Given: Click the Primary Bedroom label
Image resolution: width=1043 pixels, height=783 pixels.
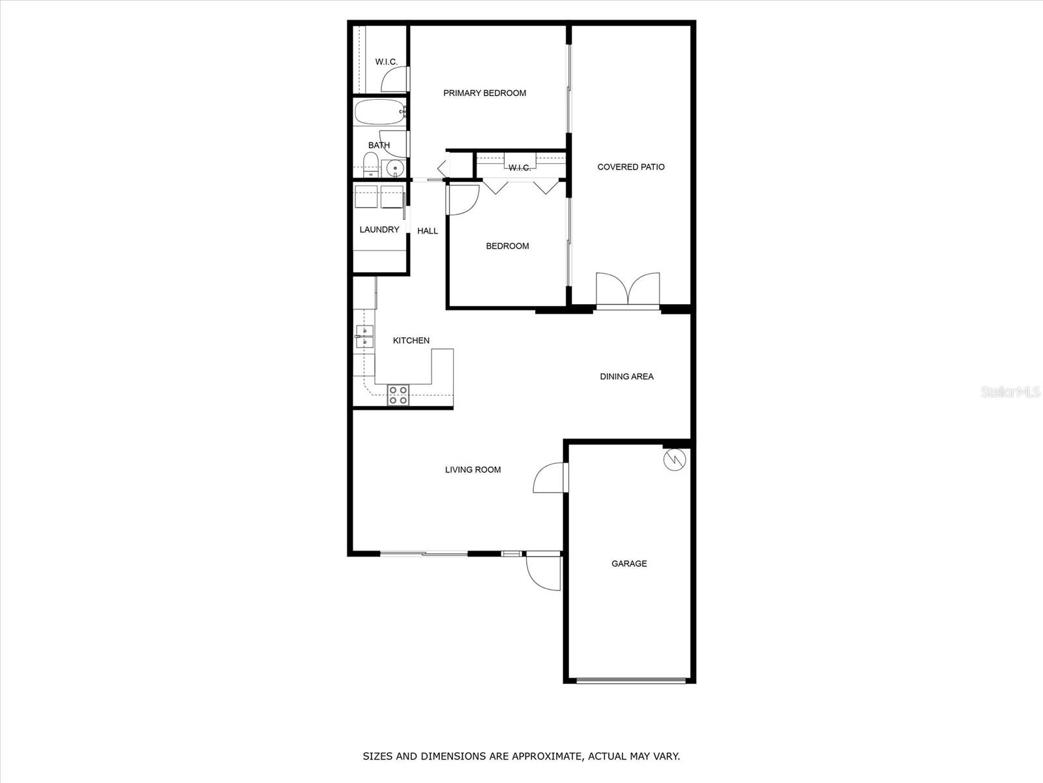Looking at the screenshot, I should click(x=484, y=93).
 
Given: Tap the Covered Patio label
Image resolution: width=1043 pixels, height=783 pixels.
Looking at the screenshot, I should click(x=631, y=167).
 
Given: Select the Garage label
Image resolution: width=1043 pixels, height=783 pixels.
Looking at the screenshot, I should click(x=629, y=564).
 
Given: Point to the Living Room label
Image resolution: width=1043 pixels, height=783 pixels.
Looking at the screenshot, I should click(x=473, y=470).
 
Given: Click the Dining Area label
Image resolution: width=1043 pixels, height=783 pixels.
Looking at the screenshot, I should click(x=626, y=376).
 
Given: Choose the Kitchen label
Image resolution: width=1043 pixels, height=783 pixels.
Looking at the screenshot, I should click(x=411, y=341).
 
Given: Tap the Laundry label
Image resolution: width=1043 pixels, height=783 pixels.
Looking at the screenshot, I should click(x=379, y=230).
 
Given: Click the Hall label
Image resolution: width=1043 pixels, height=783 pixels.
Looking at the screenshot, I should click(x=428, y=231).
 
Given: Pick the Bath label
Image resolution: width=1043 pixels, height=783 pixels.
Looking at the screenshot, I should click(x=379, y=146).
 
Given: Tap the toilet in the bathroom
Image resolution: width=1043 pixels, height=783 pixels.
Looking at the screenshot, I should click(x=370, y=165).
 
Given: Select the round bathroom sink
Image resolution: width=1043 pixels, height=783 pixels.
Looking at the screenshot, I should click(x=394, y=168).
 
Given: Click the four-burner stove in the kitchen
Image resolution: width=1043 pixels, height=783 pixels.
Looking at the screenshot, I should click(x=398, y=395).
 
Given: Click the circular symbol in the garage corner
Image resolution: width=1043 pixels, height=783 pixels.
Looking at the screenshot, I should click(x=675, y=460).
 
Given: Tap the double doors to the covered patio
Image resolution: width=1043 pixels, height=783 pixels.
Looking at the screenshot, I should click(x=628, y=289).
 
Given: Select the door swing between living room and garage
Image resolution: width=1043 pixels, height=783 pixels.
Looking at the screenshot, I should click(x=550, y=478).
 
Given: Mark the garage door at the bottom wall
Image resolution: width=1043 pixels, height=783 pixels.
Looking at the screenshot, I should click(x=630, y=681).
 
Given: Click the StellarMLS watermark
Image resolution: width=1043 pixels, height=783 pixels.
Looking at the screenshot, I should click(x=1010, y=391).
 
